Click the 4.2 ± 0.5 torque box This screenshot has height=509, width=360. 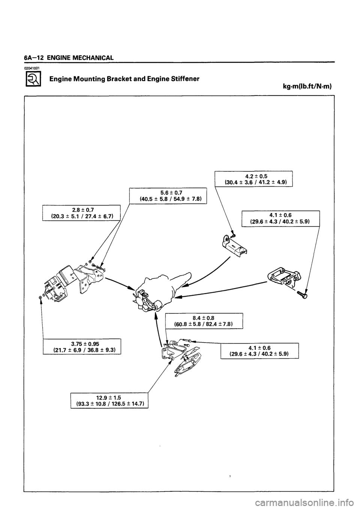(253, 178)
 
